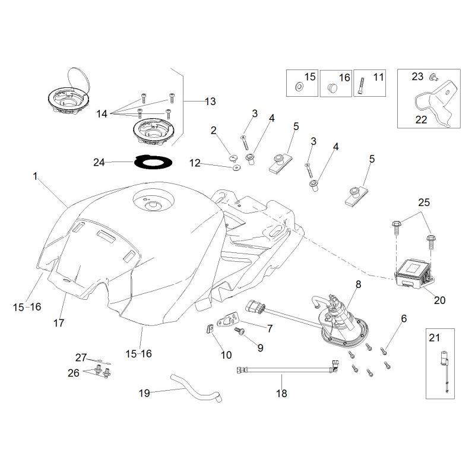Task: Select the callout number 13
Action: tap(210, 102)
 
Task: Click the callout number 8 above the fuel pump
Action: tap(359, 284)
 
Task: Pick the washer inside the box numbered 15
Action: tap(299, 87)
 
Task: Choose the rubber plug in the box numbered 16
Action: tap(332, 87)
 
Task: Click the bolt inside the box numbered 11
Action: tap(361, 86)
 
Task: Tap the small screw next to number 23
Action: tap(433, 77)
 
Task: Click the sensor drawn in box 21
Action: tap(445, 372)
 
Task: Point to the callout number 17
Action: tap(59, 323)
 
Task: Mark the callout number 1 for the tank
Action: tap(35, 176)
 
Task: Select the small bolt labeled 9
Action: tap(240, 331)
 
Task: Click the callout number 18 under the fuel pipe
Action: tap(281, 393)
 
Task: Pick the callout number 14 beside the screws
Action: tap(102, 114)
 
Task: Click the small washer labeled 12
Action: tap(235, 167)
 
